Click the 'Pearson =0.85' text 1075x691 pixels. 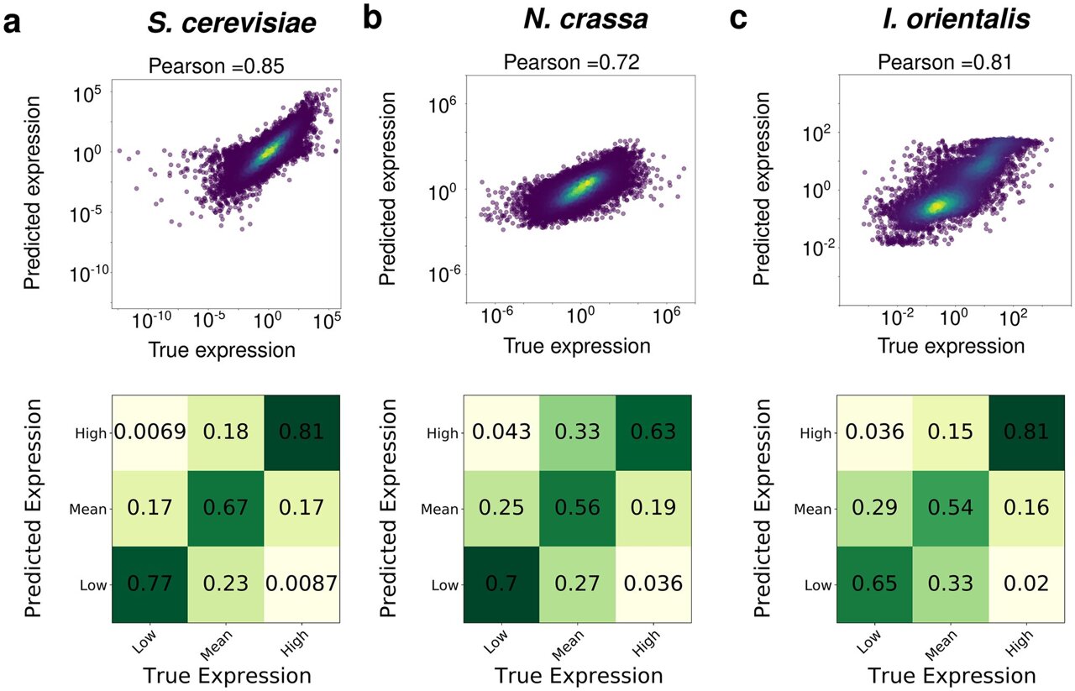click(x=225, y=64)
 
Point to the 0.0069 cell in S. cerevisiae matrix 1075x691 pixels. click(x=149, y=432)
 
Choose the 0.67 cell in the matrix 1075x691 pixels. click(x=224, y=508)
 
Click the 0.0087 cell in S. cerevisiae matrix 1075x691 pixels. click(x=300, y=584)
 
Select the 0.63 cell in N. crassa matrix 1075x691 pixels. click(x=653, y=432)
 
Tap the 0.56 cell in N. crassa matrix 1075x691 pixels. click(x=577, y=508)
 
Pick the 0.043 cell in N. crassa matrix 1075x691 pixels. click(x=501, y=432)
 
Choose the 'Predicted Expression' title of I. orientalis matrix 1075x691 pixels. click(x=763, y=510)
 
